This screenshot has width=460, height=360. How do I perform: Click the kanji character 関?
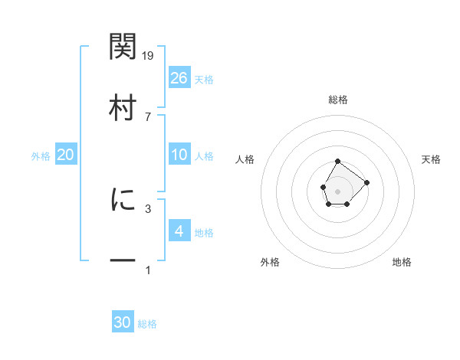(x=123, y=47)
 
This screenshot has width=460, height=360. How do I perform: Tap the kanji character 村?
(x=123, y=108)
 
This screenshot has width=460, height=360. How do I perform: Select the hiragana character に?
(x=123, y=200)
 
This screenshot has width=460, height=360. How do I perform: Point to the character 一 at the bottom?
(x=123, y=261)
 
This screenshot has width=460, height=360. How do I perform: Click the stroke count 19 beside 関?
(x=149, y=55)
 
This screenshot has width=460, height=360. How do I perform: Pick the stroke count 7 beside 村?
(x=149, y=116)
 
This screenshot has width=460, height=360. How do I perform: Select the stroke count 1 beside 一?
(x=149, y=270)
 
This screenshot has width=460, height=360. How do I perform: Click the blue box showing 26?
(x=179, y=77)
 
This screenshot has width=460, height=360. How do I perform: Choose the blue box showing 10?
(x=179, y=155)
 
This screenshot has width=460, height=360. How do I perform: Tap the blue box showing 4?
(x=179, y=231)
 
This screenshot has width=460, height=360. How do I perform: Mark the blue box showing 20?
(x=66, y=155)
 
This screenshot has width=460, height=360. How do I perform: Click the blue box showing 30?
(x=123, y=322)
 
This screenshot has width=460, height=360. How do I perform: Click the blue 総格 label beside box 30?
(x=147, y=324)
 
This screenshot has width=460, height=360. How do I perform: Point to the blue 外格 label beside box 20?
(x=41, y=155)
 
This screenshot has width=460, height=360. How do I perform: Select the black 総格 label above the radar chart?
(x=338, y=100)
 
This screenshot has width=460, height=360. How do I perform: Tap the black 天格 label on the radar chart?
(x=432, y=159)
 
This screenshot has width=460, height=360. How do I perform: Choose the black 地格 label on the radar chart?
(x=402, y=262)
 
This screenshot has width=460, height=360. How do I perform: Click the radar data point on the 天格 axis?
(x=367, y=182)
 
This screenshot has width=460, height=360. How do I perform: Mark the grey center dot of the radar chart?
(x=338, y=190)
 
